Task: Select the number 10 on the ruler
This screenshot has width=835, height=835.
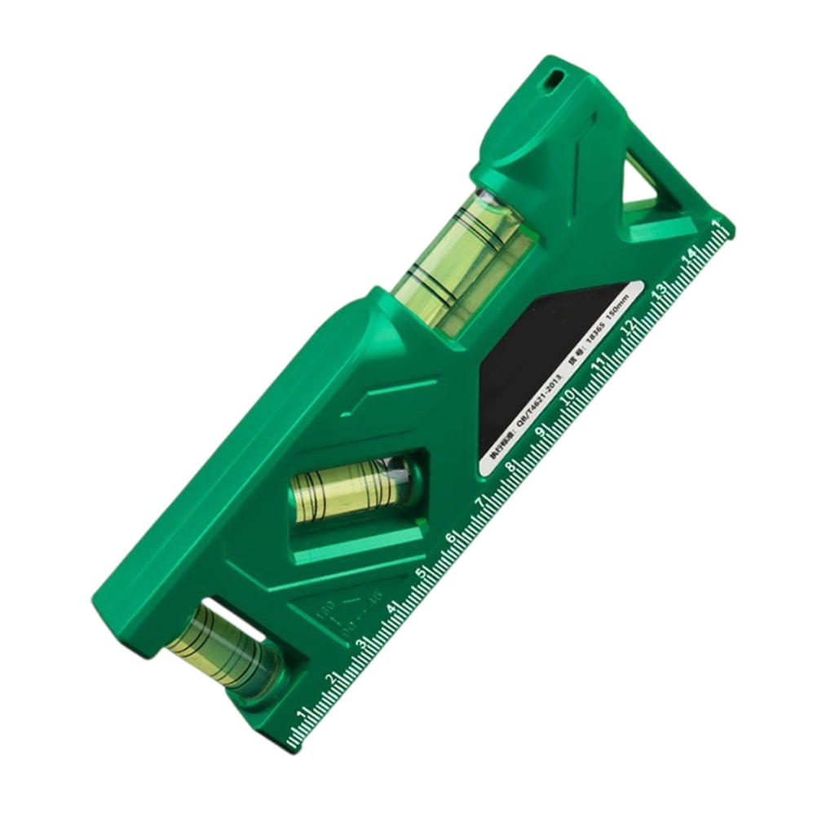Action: coord(571,394)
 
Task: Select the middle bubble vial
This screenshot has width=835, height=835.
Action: coord(351,489)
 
